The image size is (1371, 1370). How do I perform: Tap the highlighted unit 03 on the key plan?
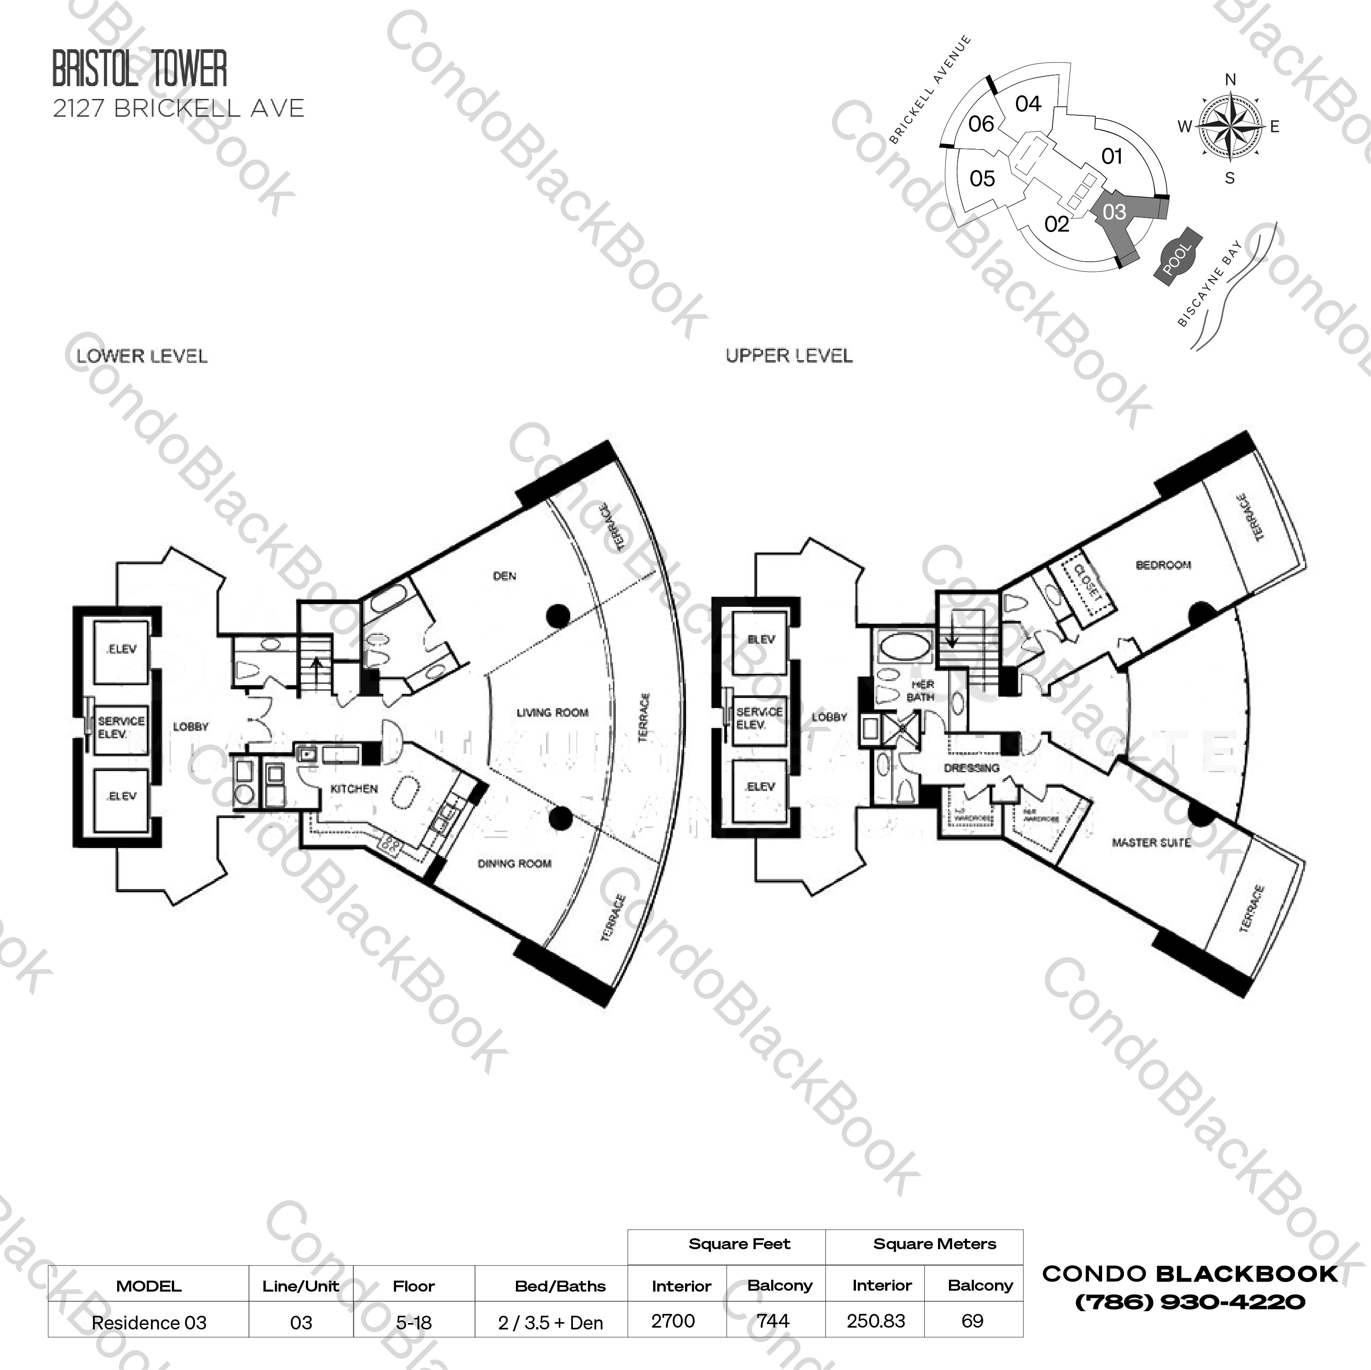tap(1114, 212)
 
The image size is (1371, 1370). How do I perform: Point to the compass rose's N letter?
tap(1231, 79)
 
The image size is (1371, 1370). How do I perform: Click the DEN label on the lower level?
tap(505, 576)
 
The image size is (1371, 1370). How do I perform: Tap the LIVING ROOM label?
tap(552, 713)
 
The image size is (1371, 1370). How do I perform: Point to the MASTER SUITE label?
tap(1150, 843)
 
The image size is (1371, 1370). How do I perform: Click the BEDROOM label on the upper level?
tap(1163, 565)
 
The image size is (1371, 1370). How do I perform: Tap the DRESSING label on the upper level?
tap(971, 768)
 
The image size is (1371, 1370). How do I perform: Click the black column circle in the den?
tap(558, 616)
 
